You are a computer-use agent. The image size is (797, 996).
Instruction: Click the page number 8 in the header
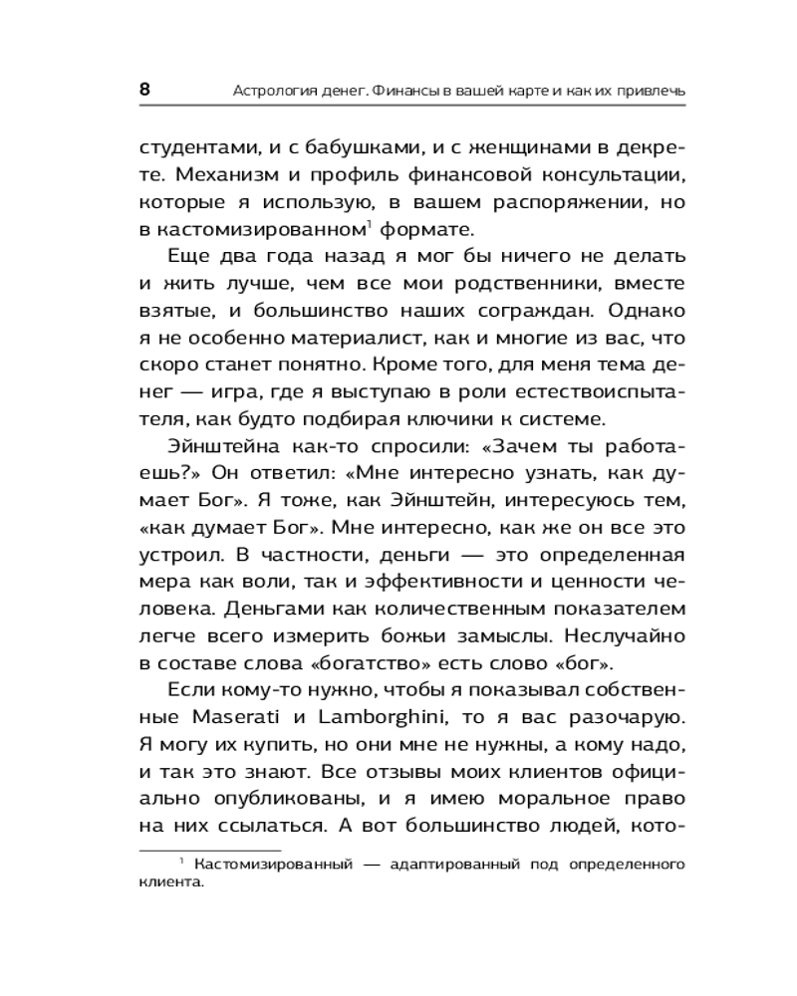pyautogui.click(x=144, y=90)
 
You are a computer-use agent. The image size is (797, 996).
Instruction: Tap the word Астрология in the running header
pyautogui.click(x=271, y=92)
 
